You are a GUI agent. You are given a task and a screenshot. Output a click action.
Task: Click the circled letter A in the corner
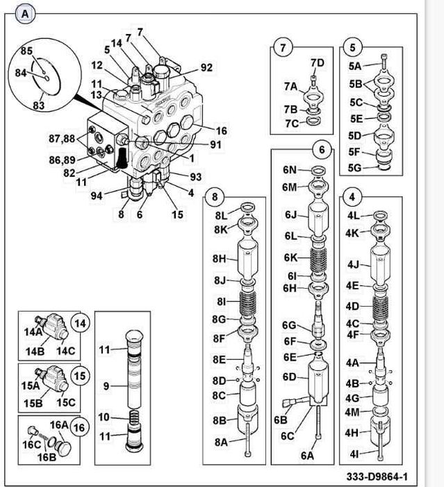26,13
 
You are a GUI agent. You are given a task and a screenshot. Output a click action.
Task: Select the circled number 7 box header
283,49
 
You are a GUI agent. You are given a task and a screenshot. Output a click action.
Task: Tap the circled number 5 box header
353,48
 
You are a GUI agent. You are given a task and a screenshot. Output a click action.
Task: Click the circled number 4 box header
353,196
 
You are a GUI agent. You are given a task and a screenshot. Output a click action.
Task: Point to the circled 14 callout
81,323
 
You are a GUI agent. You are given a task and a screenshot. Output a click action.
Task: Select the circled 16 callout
81,426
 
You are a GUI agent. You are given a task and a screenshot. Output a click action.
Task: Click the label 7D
317,63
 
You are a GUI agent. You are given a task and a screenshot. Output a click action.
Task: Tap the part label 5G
354,167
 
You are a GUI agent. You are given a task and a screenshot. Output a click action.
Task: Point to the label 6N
290,170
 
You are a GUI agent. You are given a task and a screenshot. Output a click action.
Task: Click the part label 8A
221,442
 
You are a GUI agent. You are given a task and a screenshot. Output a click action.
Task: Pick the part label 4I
354,454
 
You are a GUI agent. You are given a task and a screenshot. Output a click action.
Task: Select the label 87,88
61,138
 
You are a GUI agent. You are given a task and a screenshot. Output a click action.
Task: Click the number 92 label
206,67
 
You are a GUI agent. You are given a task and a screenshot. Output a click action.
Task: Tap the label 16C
31,444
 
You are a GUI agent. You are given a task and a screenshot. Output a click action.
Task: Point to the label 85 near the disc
26,51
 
